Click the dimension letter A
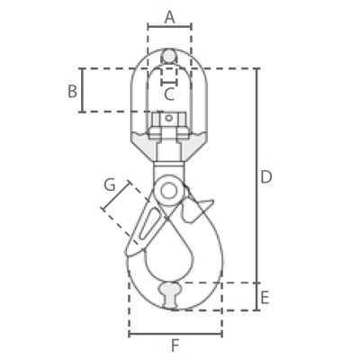coord(170,17)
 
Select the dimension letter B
coord(72,91)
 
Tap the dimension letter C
coord(169,94)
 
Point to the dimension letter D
coord(266,177)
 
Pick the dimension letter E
coord(265,298)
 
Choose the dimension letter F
coord(175,346)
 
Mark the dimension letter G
coord(110,184)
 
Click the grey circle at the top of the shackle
coord(169,56)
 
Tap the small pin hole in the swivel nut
coord(169,118)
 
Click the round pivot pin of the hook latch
coord(168,191)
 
